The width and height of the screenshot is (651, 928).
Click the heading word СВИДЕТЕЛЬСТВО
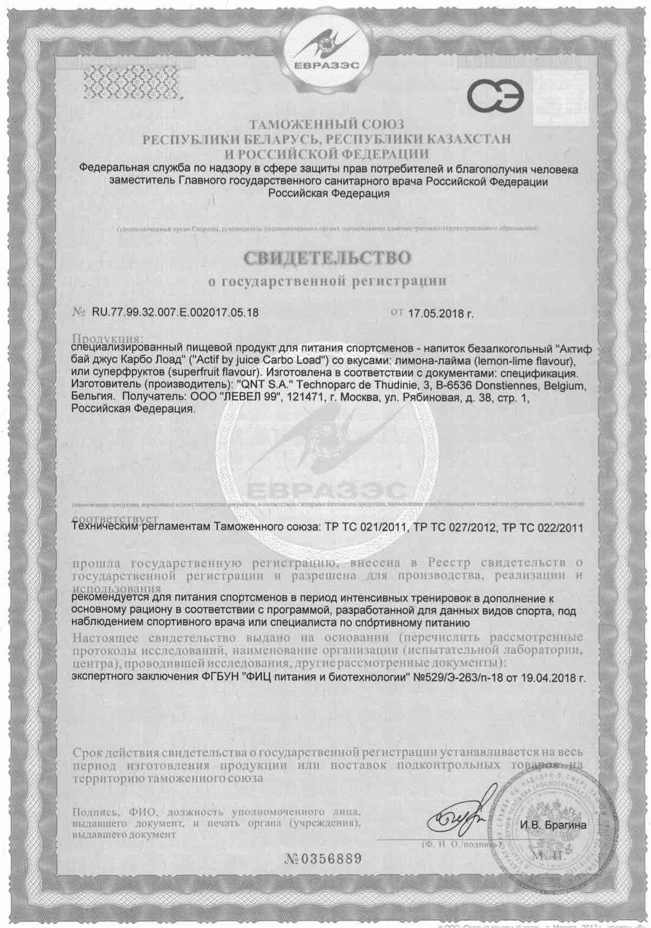(x=325, y=257)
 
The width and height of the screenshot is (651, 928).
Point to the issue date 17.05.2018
(x=436, y=313)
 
